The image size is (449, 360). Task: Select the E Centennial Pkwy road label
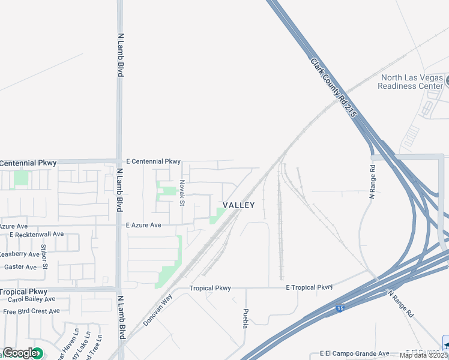pyautogui.click(x=153, y=161)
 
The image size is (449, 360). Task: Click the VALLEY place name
pyautogui.click(x=239, y=205)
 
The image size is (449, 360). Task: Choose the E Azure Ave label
pyautogui.click(x=144, y=225)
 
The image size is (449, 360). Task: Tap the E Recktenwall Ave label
pyautogui.click(x=37, y=234)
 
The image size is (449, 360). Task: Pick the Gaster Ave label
pyautogui.click(x=20, y=267)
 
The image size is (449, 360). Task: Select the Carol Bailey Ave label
pyautogui.click(x=31, y=299)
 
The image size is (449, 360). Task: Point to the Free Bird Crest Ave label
pyautogui.click(x=31, y=311)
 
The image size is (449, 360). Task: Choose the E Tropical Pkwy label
pyautogui.click(x=309, y=287)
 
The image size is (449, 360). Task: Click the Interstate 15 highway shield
pyautogui.click(x=340, y=308)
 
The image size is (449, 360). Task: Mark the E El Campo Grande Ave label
pyautogui.click(x=354, y=353)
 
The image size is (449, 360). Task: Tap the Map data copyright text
pyautogui.click(x=423, y=355)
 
